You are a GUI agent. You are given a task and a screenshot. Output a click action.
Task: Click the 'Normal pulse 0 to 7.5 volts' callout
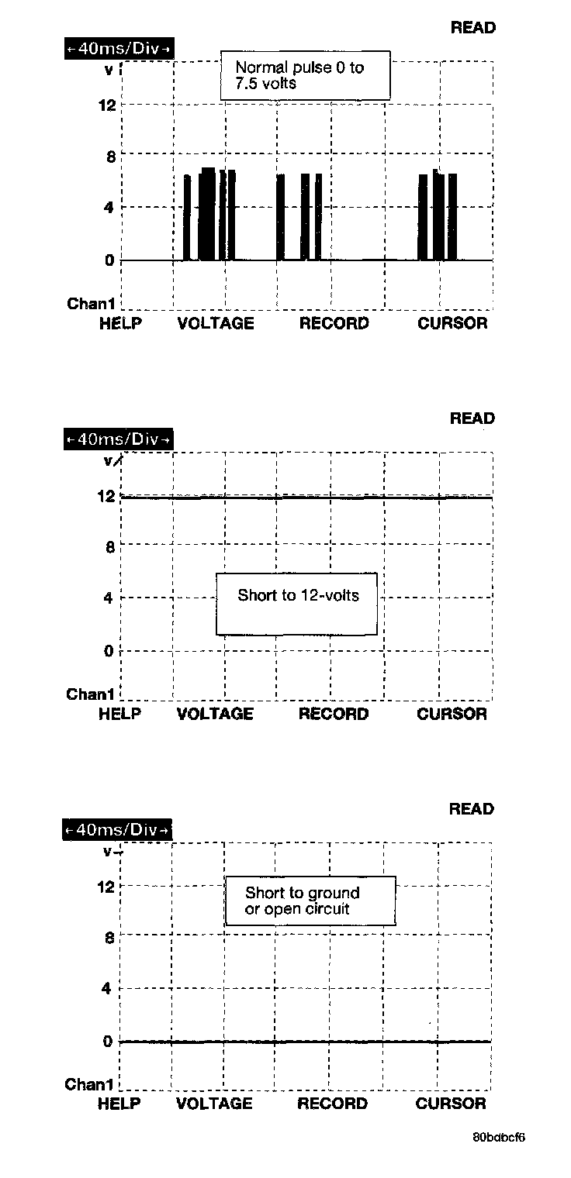point(305,76)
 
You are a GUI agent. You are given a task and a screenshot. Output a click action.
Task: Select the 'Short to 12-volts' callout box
point(297,604)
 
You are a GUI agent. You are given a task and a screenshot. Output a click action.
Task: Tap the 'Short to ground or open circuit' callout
point(310,901)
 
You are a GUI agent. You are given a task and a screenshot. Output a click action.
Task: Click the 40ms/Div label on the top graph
point(119,49)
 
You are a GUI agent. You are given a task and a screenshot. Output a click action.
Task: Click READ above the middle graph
point(472,418)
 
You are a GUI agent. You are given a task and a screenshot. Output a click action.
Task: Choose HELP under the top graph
point(120,324)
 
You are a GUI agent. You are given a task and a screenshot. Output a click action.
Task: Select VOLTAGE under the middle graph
point(215,715)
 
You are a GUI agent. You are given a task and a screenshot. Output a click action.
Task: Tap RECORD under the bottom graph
point(332,1104)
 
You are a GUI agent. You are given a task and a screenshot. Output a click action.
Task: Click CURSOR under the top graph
point(452,324)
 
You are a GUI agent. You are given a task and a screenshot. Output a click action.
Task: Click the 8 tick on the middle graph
point(109,547)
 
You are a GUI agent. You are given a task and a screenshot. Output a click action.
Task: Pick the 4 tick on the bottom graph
point(108,989)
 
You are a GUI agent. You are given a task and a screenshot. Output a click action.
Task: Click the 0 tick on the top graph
point(109,260)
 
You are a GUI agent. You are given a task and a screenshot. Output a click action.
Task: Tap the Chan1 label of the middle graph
point(91,694)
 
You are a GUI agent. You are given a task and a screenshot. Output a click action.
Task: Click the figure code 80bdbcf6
point(499,1138)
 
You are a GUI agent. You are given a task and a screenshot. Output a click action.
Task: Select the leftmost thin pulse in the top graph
point(187,218)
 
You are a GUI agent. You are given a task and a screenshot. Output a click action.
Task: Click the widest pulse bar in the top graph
point(207,215)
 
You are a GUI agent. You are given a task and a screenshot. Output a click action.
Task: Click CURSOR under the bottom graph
point(451,1104)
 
